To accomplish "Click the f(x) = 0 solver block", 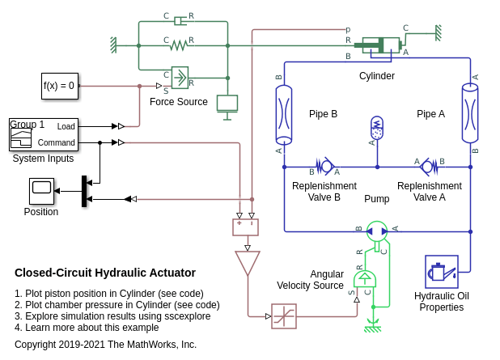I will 60,86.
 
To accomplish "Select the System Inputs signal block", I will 44,134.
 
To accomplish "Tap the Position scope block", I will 41,191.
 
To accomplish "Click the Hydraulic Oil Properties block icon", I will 441,272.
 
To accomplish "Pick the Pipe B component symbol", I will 284,114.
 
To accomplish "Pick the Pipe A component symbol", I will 470,114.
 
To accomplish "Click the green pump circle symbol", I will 377,231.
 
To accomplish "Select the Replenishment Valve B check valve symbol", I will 325,167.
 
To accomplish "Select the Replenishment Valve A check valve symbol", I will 428,167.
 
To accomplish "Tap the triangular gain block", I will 247,263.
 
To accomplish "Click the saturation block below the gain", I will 284,316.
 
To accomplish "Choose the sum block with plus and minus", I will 245,227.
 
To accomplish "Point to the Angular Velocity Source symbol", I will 364,281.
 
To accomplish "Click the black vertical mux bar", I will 84,191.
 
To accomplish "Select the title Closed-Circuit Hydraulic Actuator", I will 105,273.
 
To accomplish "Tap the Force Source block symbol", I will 180,78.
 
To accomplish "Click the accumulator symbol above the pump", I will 376,128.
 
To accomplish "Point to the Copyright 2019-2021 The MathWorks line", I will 105,345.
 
